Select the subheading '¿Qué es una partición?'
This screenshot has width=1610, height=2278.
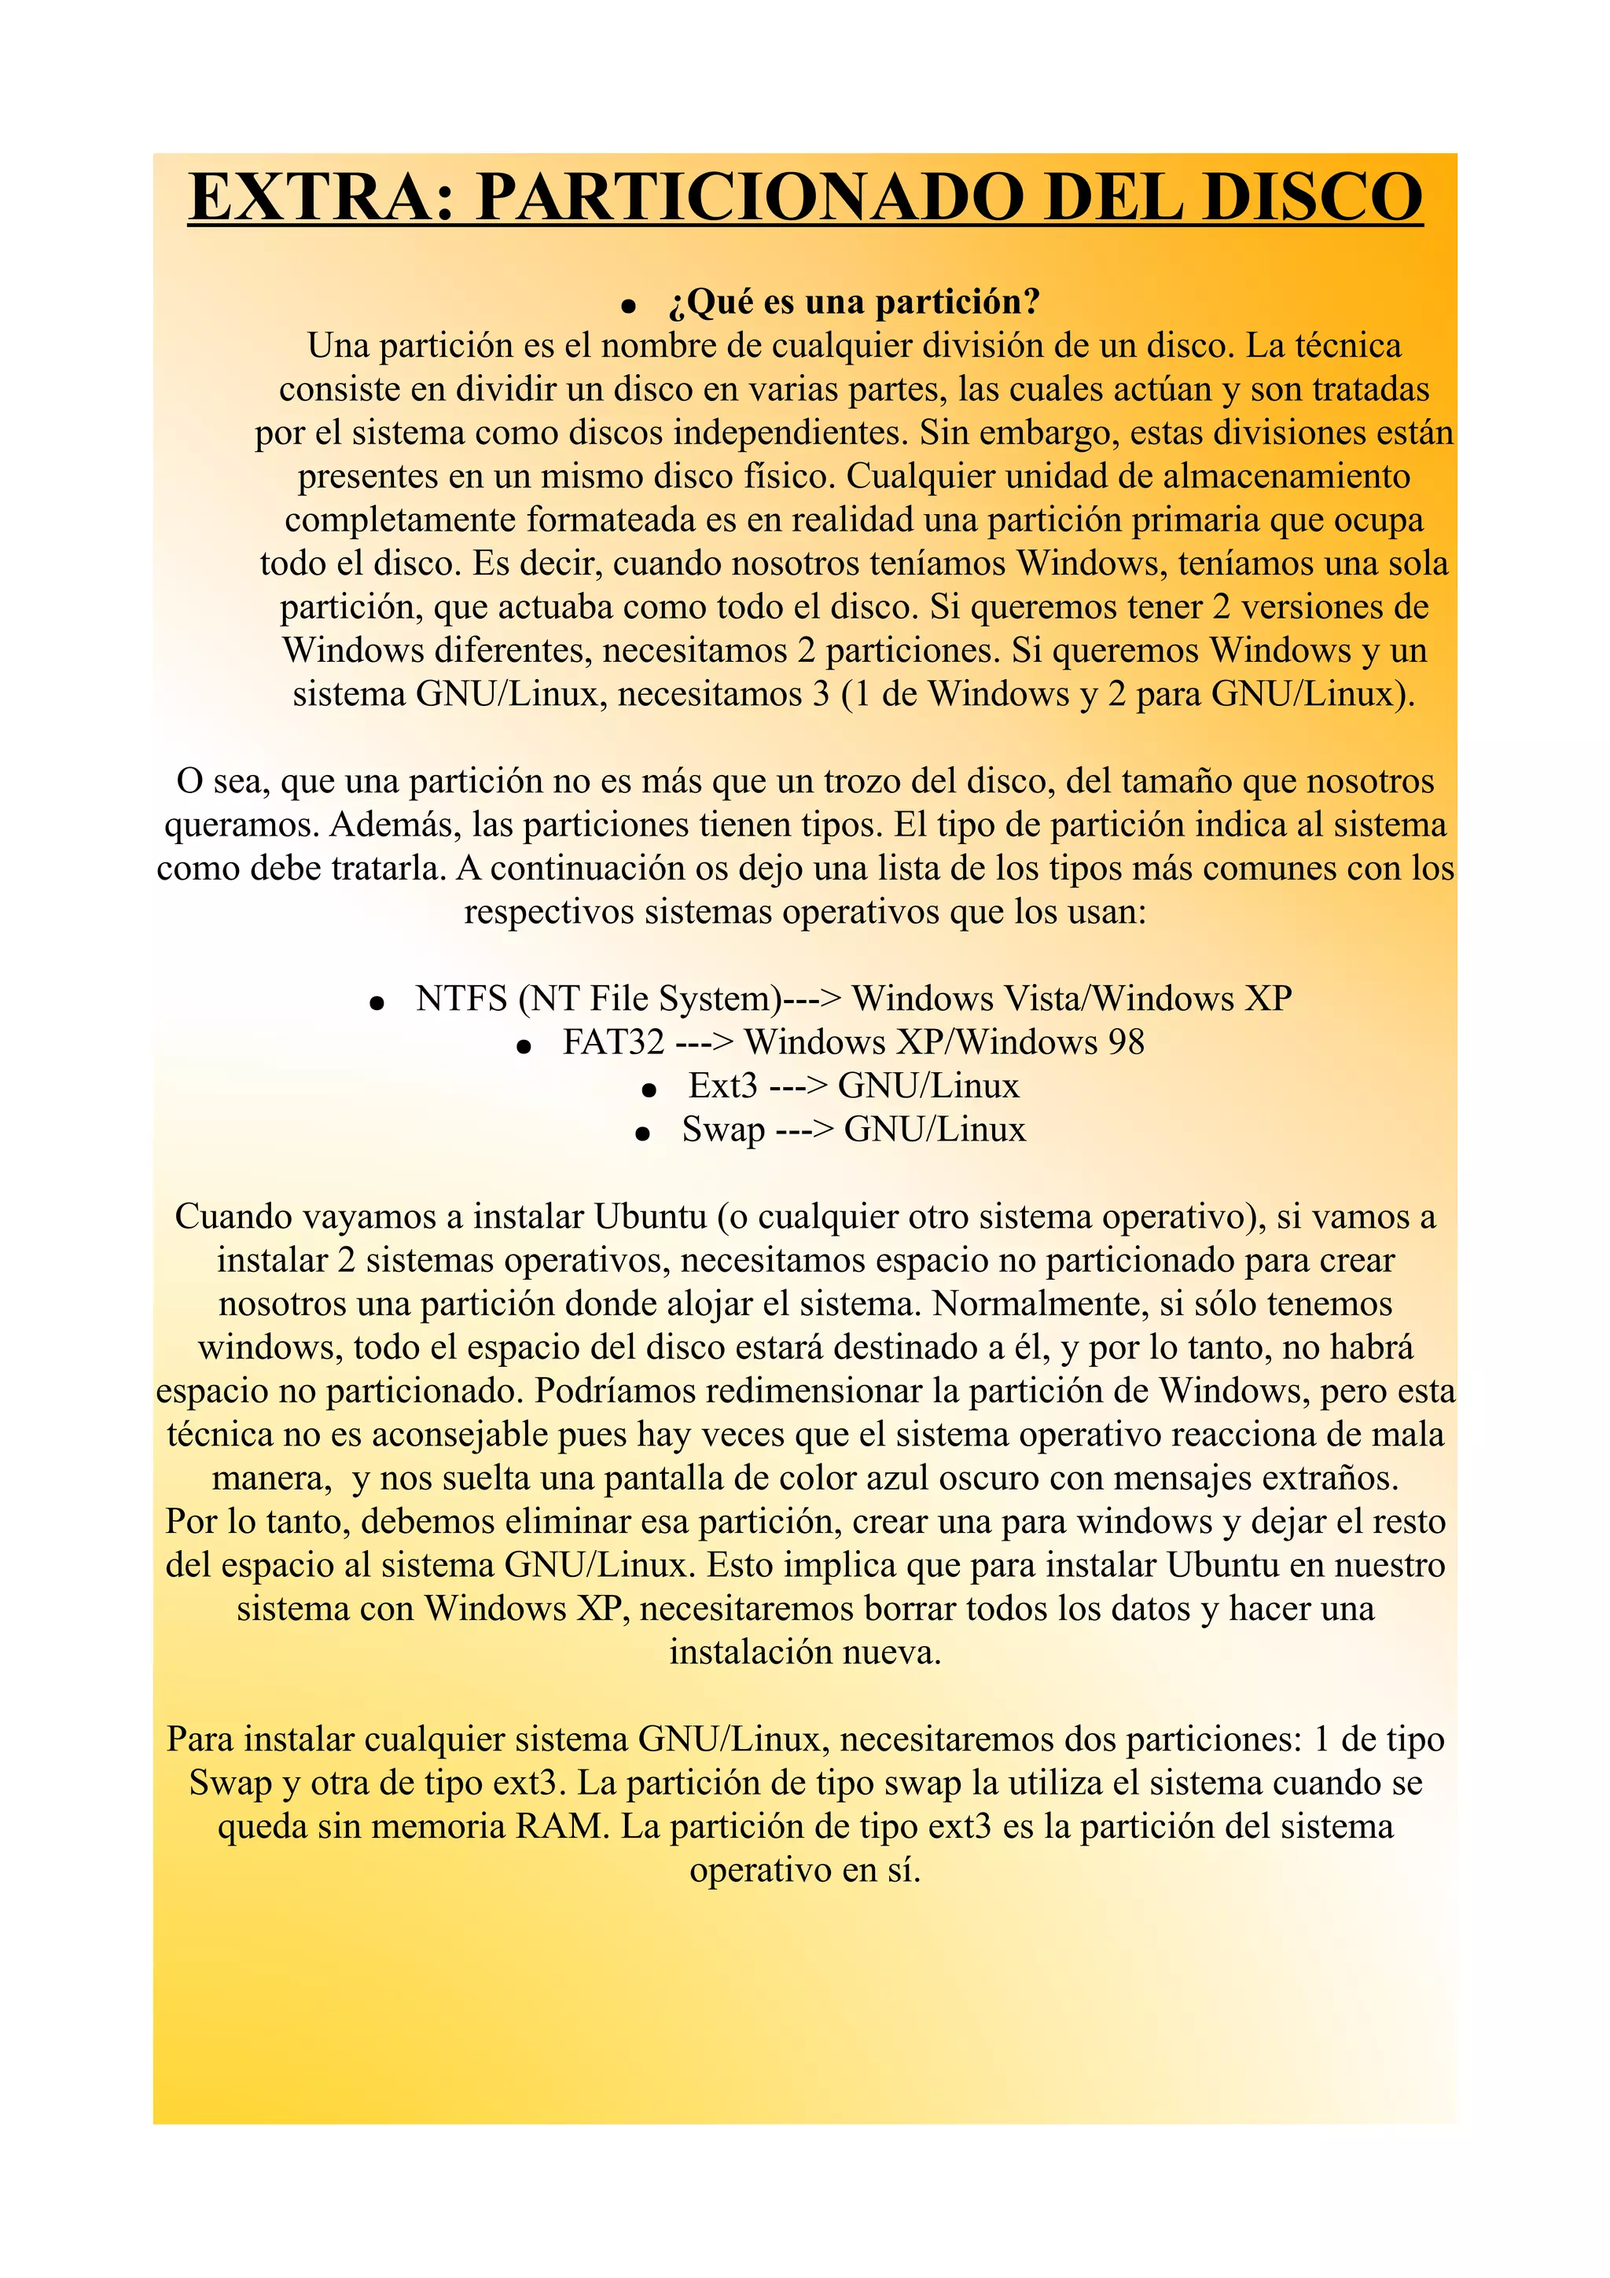tap(854, 302)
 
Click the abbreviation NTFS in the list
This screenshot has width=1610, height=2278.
tap(461, 999)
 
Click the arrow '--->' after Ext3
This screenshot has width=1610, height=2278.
tap(798, 1086)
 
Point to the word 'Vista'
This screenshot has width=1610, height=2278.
tap(1042, 999)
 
